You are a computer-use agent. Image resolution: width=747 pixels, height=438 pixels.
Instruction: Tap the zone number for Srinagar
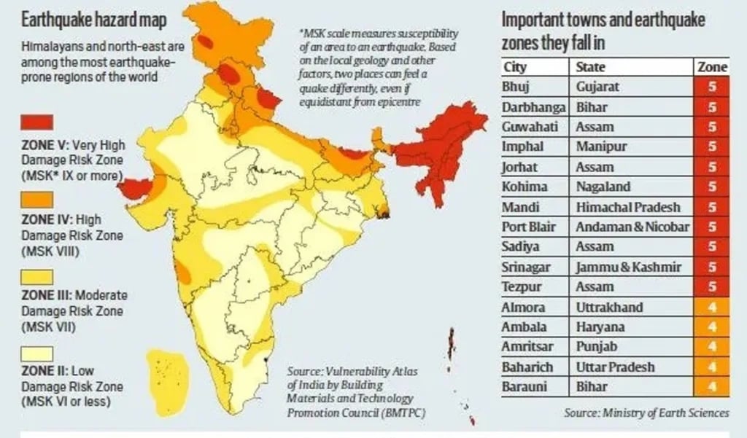pos(712,267)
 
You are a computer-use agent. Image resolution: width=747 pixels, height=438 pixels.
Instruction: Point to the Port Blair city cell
pos(529,227)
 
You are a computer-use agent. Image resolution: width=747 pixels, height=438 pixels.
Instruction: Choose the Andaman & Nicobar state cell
pos(632,227)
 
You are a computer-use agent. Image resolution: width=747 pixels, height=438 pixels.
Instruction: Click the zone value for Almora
pos(712,307)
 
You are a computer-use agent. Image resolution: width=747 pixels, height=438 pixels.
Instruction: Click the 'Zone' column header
pos(712,67)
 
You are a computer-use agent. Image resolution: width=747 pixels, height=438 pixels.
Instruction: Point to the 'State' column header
pos(590,67)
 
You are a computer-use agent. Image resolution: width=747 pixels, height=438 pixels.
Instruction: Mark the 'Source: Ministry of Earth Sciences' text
pos(646,413)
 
